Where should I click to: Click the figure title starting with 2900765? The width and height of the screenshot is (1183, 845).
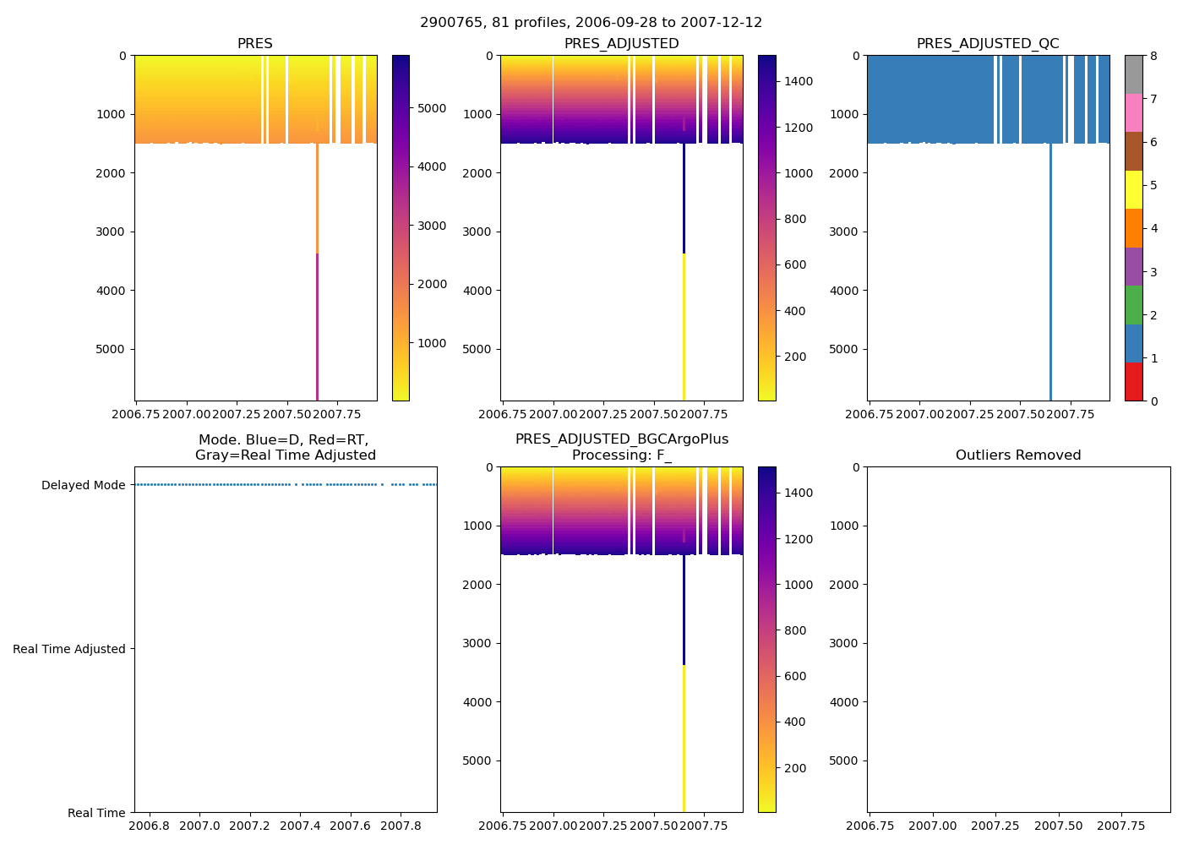[x=591, y=23]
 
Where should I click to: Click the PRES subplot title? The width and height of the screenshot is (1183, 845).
[x=254, y=44]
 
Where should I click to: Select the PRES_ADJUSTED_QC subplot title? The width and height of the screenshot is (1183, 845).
[x=988, y=44]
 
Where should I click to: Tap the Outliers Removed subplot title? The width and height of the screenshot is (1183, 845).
[x=1018, y=455]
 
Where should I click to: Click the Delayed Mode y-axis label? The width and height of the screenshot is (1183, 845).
[x=83, y=485]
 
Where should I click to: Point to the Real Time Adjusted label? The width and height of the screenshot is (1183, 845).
[x=69, y=649]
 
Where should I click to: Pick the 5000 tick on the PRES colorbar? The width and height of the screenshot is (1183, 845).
[x=432, y=108]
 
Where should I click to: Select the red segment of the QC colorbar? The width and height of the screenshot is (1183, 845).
[x=1133, y=382]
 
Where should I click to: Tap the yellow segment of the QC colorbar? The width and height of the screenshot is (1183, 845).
[x=1133, y=189]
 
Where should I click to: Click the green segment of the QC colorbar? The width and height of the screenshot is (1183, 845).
[x=1133, y=305]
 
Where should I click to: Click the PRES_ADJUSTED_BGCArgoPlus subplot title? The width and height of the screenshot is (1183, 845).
[x=621, y=447]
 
